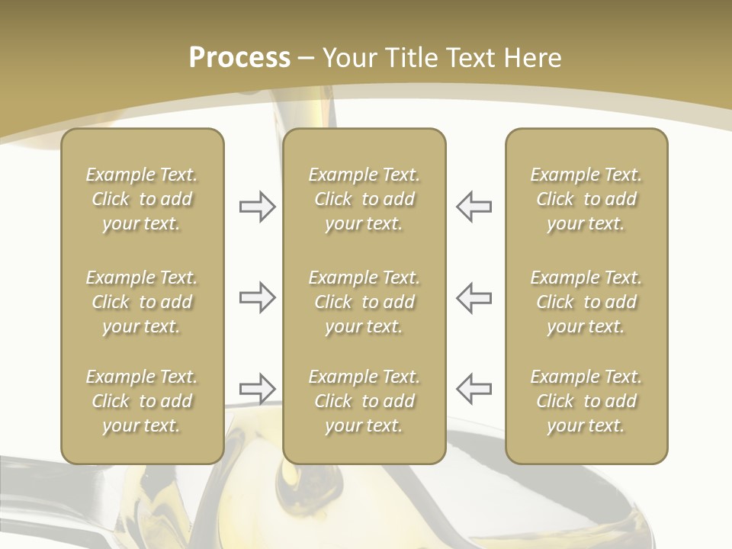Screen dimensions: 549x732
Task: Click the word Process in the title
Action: point(239,58)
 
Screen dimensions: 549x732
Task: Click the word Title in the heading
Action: point(412,58)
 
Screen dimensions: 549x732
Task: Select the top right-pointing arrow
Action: point(257,207)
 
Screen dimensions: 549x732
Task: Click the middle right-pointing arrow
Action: point(257,297)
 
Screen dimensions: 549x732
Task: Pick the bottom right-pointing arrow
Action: point(257,388)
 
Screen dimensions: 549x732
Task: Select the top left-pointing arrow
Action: point(474,207)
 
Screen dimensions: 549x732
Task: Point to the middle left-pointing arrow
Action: point(474,297)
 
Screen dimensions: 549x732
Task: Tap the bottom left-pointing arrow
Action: point(474,388)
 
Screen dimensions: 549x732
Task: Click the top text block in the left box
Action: point(142,199)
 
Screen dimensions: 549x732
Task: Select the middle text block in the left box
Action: point(142,302)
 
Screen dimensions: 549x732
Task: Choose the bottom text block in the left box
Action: point(142,401)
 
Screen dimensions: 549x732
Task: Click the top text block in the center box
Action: point(364,199)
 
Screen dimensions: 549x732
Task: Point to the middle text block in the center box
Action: point(364,302)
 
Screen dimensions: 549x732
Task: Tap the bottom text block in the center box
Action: point(364,401)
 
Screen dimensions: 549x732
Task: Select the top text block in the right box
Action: point(586,199)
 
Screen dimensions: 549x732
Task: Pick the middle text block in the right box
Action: point(586,302)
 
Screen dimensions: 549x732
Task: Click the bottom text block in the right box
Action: point(586,401)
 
